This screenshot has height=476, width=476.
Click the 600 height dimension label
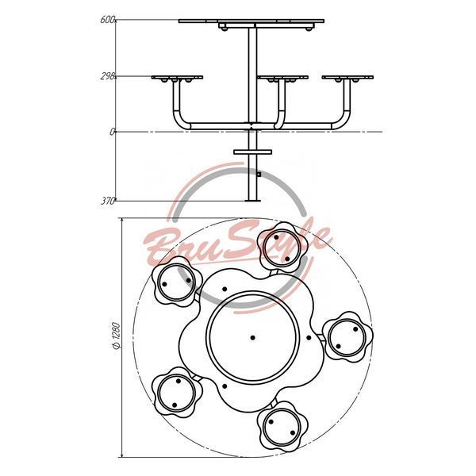(x=107, y=20)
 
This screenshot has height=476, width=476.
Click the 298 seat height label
(x=107, y=76)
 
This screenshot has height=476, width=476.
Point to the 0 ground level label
(x=113, y=132)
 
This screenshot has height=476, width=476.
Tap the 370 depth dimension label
(x=108, y=201)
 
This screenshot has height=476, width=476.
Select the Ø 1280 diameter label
(x=117, y=336)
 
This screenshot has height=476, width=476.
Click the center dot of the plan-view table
(x=252, y=338)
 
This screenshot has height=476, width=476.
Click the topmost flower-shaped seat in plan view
(x=282, y=248)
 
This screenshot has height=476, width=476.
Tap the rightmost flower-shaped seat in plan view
(x=347, y=337)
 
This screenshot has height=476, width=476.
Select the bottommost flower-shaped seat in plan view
(x=282, y=428)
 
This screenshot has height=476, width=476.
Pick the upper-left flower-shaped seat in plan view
(x=177, y=282)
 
